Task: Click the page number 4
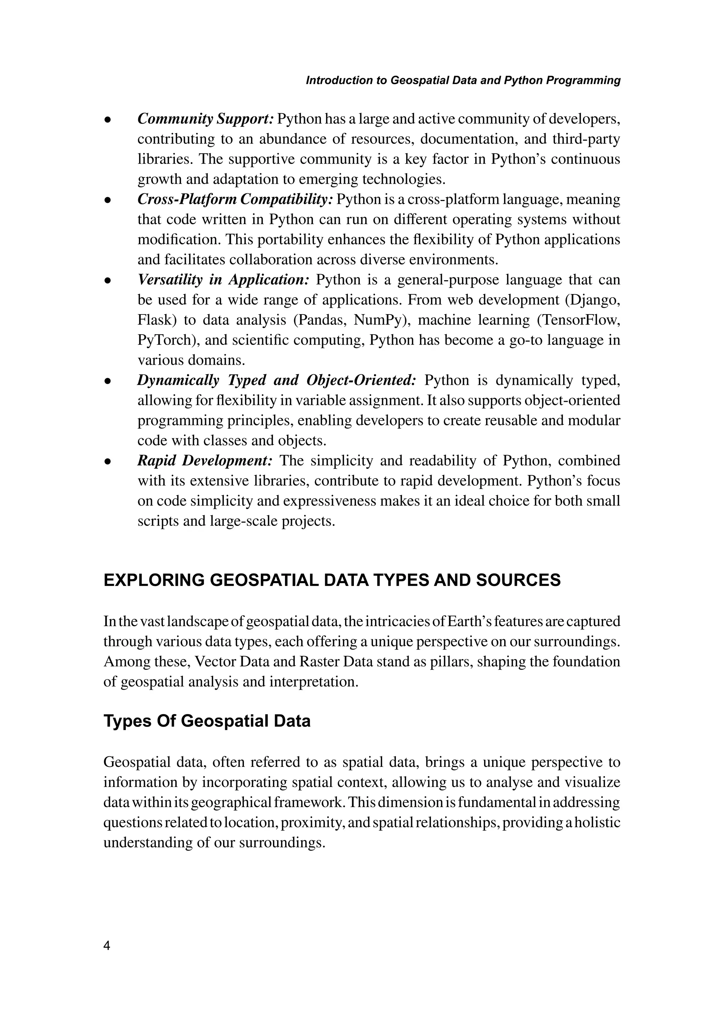(107, 945)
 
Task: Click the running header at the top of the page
(463, 81)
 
